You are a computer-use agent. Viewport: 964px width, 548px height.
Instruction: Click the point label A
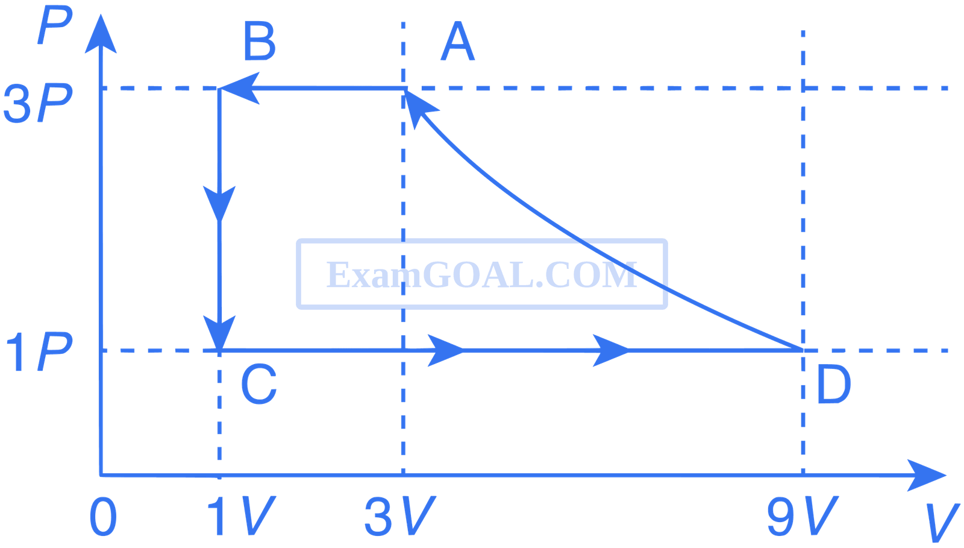click(x=458, y=41)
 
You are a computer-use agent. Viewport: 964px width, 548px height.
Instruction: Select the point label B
click(x=260, y=41)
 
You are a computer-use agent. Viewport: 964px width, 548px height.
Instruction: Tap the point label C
click(x=259, y=384)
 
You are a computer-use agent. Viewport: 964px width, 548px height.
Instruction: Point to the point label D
click(x=834, y=384)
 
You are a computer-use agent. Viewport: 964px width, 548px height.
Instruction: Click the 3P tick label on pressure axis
click(x=38, y=104)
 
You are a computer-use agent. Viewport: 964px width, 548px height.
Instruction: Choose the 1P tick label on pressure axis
click(x=39, y=352)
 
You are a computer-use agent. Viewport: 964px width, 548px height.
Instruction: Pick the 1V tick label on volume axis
click(x=242, y=516)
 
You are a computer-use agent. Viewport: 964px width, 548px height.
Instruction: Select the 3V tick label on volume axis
click(x=400, y=516)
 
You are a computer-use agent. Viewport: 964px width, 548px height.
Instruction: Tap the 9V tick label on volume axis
click(x=803, y=516)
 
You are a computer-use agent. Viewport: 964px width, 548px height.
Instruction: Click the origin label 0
click(x=103, y=517)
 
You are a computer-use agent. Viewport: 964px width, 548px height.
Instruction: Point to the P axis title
click(x=55, y=25)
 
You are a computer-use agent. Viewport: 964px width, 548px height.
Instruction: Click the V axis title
click(x=942, y=523)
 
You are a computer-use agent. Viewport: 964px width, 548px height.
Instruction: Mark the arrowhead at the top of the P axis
click(x=101, y=34)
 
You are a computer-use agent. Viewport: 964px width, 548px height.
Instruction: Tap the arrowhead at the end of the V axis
click(x=926, y=476)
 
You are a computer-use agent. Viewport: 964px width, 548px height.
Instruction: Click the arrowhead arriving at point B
click(x=239, y=88)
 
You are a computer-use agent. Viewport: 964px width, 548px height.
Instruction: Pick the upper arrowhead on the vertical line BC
click(x=219, y=204)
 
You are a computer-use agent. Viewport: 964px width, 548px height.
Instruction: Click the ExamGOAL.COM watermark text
click(x=482, y=275)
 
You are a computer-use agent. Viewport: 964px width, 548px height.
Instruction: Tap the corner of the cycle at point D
click(x=803, y=350)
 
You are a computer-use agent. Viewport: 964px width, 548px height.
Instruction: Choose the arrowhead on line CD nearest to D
click(x=611, y=350)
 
